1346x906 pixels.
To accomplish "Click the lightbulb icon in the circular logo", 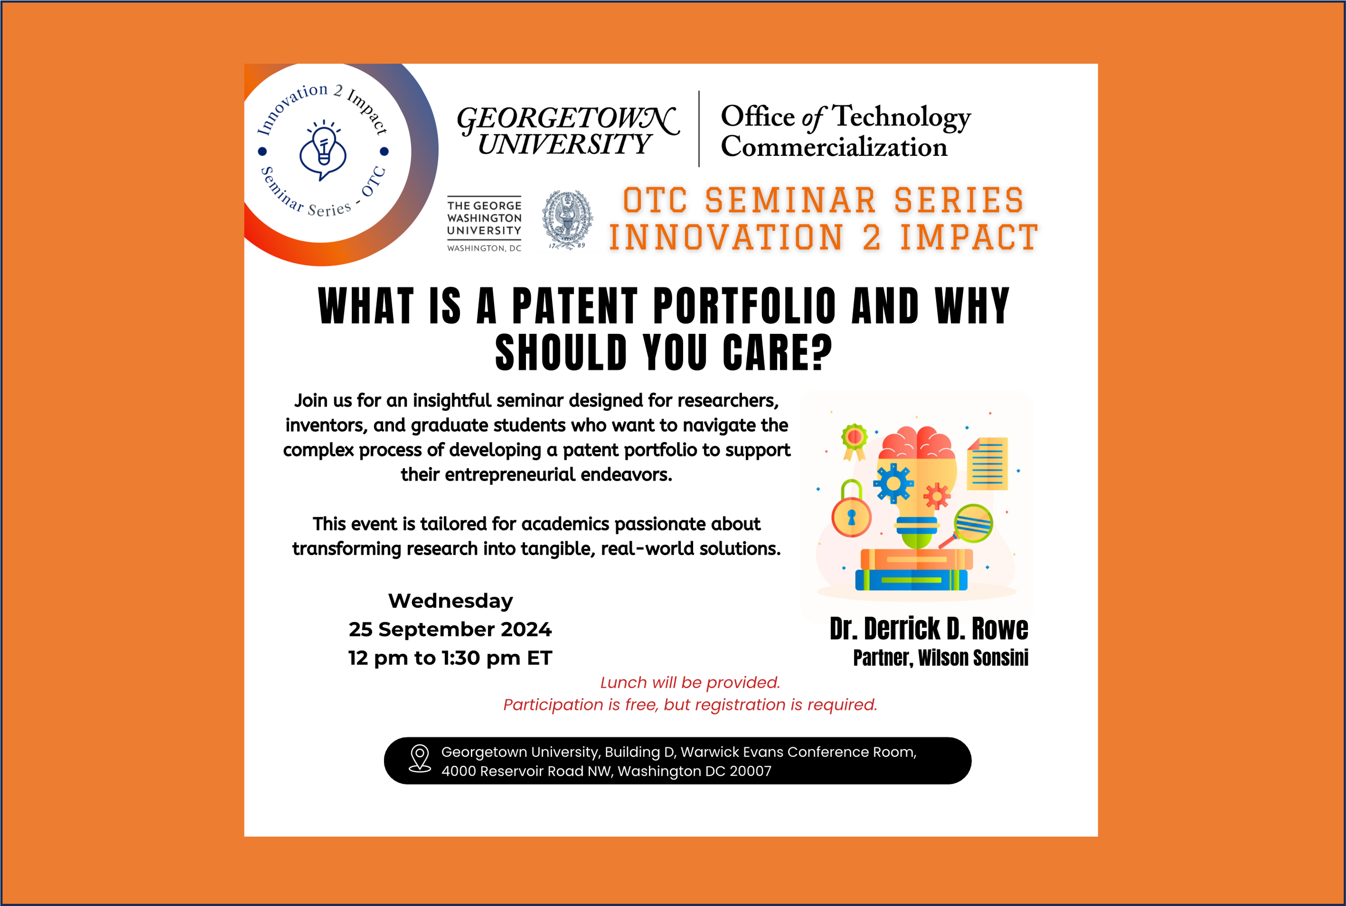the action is tap(323, 150).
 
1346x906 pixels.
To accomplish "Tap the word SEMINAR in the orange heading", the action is tap(791, 200).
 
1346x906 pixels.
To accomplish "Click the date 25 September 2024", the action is tap(450, 629).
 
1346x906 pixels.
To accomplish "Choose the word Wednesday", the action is tap(450, 601).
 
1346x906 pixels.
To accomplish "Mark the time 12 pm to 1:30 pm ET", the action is tap(450, 658).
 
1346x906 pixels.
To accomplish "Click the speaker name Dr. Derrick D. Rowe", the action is tap(929, 628).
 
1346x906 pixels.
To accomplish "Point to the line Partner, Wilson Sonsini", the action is tap(941, 658).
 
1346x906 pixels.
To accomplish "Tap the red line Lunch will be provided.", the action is tap(690, 683).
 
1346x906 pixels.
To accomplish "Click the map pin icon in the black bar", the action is tap(420, 758).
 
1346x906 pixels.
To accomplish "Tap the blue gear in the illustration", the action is tap(893, 484).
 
